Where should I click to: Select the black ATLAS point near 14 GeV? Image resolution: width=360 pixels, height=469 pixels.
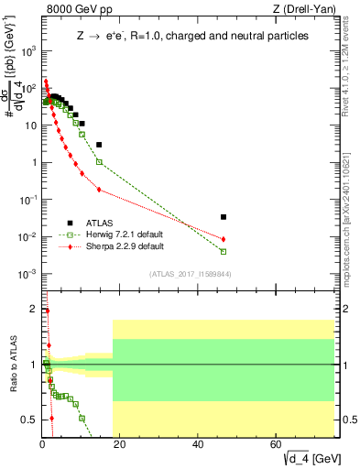(x=99, y=145)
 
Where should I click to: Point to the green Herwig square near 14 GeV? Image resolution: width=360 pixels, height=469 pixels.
(x=99, y=162)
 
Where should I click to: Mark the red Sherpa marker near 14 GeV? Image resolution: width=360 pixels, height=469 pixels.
(x=99, y=190)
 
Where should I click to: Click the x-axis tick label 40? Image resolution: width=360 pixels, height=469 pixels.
(x=198, y=445)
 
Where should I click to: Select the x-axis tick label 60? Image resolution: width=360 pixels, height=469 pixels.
(x=276, y=445)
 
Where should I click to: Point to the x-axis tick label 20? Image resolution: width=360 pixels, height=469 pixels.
(x=120, y=445)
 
